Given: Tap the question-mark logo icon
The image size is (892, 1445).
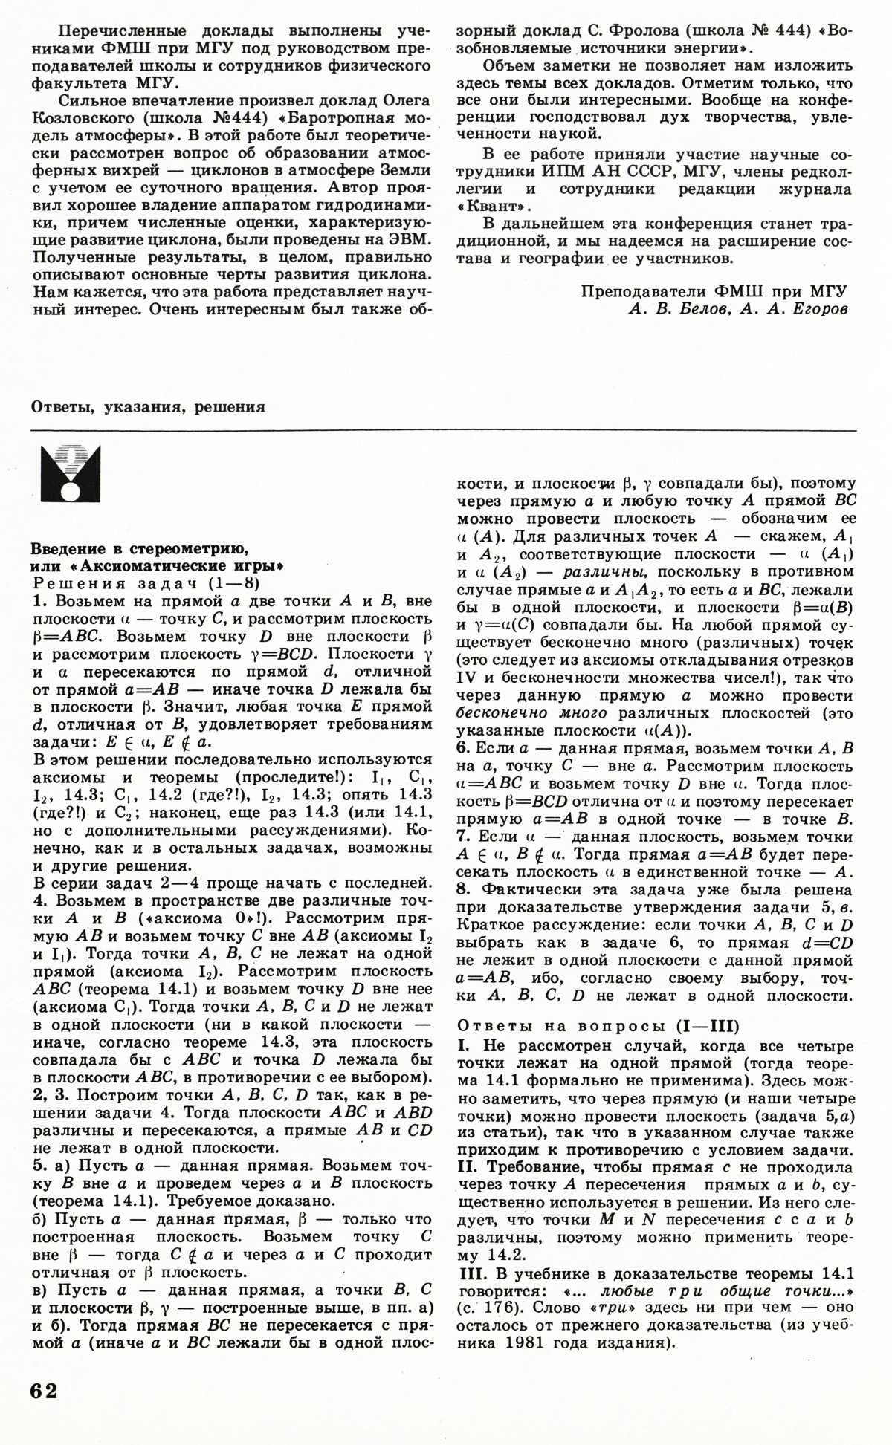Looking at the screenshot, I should click(71, 473).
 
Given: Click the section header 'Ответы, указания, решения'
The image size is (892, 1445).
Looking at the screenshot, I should click(149, 406).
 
